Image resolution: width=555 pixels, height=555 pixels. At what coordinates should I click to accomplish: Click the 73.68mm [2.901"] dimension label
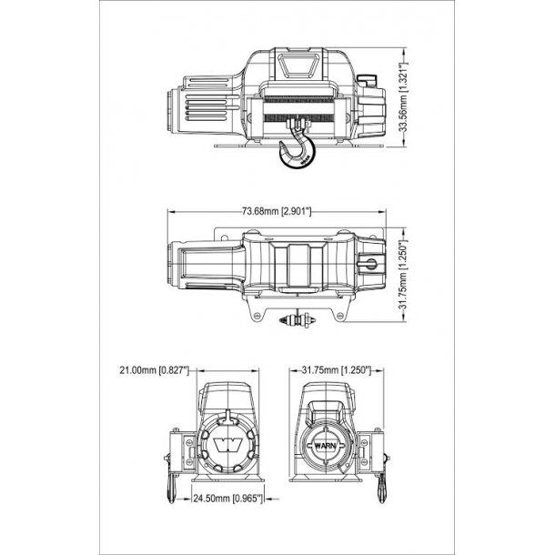pos(277,212)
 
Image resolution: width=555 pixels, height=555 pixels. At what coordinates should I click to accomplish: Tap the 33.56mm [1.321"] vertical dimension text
pos(403,97)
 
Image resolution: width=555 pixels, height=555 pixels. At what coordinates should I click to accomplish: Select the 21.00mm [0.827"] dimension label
pos(155,370)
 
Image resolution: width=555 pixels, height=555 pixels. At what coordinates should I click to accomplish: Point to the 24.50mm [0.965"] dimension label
pos(228,499)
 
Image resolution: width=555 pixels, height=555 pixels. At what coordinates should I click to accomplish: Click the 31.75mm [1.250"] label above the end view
pos(337,370)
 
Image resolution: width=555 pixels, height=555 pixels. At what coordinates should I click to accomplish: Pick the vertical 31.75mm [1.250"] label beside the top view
pos(403,275)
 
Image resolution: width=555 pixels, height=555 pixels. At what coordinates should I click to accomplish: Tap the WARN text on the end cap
pos(325,445)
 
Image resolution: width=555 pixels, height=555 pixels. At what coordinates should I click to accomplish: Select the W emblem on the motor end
pos(228,444)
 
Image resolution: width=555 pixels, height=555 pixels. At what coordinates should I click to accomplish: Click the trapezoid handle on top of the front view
pos(297,66)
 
